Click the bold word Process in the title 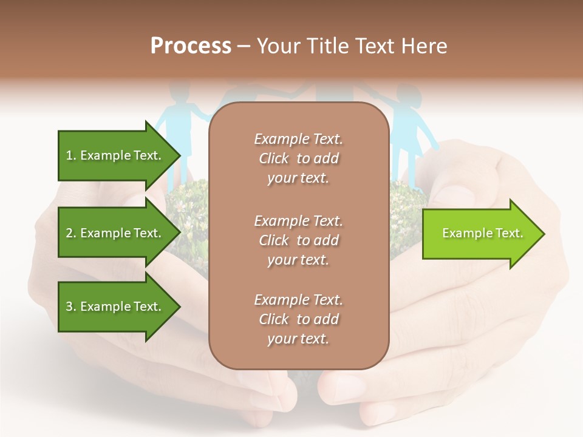(191, 46)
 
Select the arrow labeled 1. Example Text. (115, 155)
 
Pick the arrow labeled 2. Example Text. (115, 233)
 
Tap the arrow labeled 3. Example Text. (115, 307)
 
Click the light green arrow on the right (480, 233)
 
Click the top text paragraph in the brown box (298, 158)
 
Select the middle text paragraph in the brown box (298, 240)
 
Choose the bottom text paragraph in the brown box (298, 319)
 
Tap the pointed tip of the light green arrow (543, 234)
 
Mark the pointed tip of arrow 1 (179, 156)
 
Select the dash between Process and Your (244, 47)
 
